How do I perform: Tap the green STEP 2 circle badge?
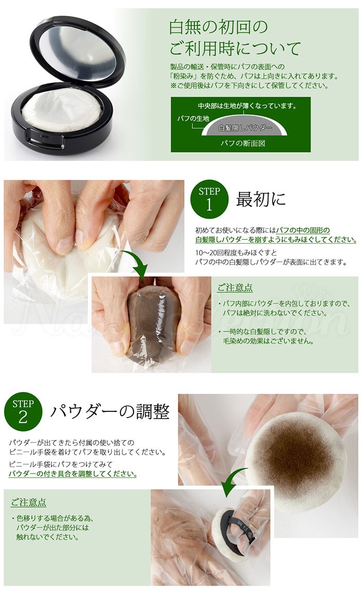[23, 412]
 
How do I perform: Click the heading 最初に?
[261, 199]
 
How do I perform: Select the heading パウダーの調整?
[110, 412]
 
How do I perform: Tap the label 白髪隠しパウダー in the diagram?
[242, 128]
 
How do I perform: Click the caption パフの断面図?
[241, 143]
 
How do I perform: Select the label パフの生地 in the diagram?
[193, 118]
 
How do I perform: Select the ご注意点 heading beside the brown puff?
[235, 288]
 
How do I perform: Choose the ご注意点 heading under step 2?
[28, 502]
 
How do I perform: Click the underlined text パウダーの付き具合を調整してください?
[73, 474]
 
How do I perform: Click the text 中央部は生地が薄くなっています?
[247, 106]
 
